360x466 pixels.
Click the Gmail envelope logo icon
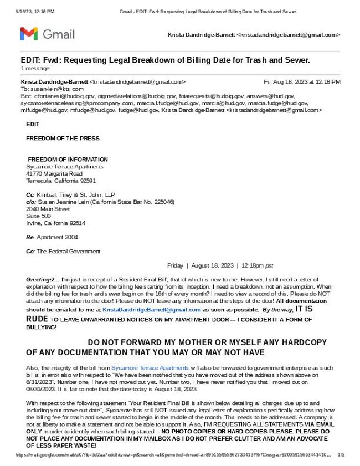29,34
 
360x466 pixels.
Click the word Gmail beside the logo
58,34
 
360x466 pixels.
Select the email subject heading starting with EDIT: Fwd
165,60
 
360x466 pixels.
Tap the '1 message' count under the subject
35,68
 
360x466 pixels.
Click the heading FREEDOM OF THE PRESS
63,138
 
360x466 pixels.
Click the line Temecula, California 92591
61,181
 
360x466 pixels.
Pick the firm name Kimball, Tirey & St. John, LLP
75,195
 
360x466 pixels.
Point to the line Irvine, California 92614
56,223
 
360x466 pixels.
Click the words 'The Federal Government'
69,252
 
